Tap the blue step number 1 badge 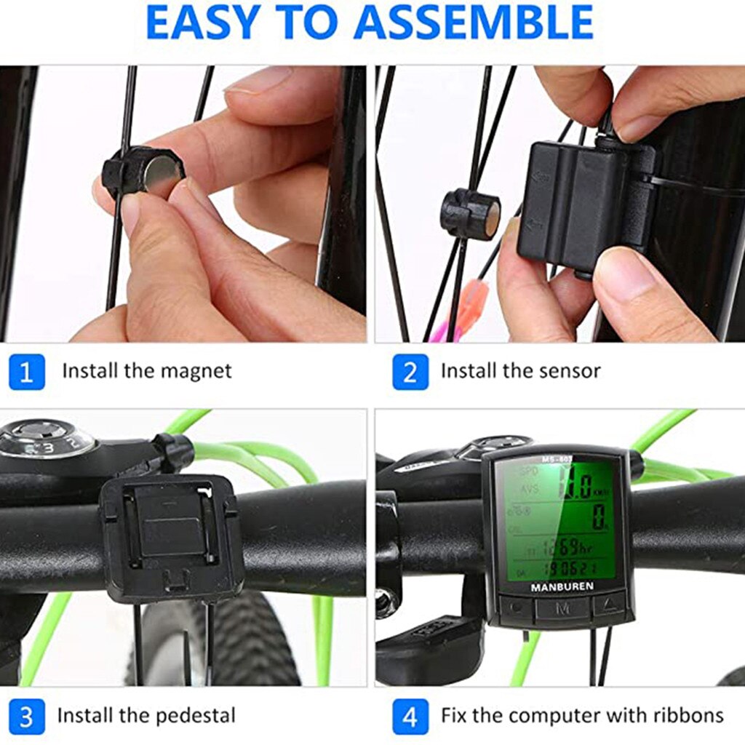[x=27, y=372]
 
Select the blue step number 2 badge [x=410, y=372]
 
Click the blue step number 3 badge [x=27, y=716]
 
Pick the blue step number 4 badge [x=410, y=716]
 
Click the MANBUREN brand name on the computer [x=561, y=586]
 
